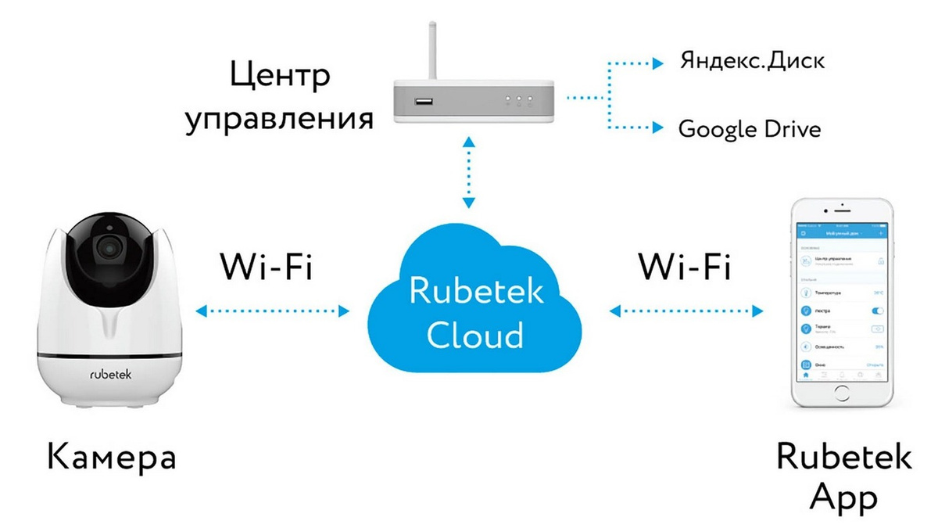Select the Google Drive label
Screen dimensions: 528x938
(750, 128)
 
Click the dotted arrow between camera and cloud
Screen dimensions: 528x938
(273, 311)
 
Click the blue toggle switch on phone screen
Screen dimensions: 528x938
(877, 311)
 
